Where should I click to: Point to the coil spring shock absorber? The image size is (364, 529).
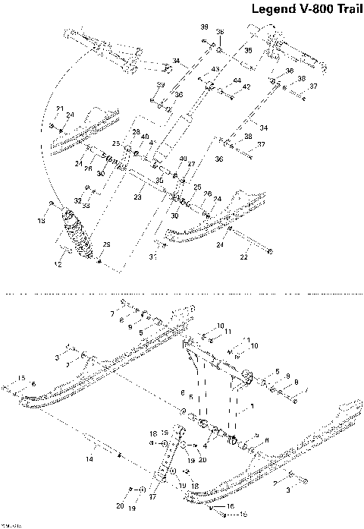click(74, 236)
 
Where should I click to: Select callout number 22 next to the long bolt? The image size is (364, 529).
click(243, 258)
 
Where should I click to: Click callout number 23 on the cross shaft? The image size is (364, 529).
click(137, 197)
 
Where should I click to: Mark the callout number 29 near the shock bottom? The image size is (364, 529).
click(107, 244)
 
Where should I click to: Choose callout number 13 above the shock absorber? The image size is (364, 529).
click(42, 221)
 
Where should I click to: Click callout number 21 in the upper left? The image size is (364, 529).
click(61, 109)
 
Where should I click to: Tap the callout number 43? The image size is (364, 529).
click(215, 69)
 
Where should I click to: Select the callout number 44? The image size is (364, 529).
click(237, 80)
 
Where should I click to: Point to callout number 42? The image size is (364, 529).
click(246, 87)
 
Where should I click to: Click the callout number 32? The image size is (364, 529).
click(77, 200)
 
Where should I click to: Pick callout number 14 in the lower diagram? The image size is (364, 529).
click(89, 459)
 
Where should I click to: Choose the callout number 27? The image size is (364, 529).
click(191, 163)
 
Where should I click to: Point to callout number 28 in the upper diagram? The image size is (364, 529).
click(136, 132)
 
